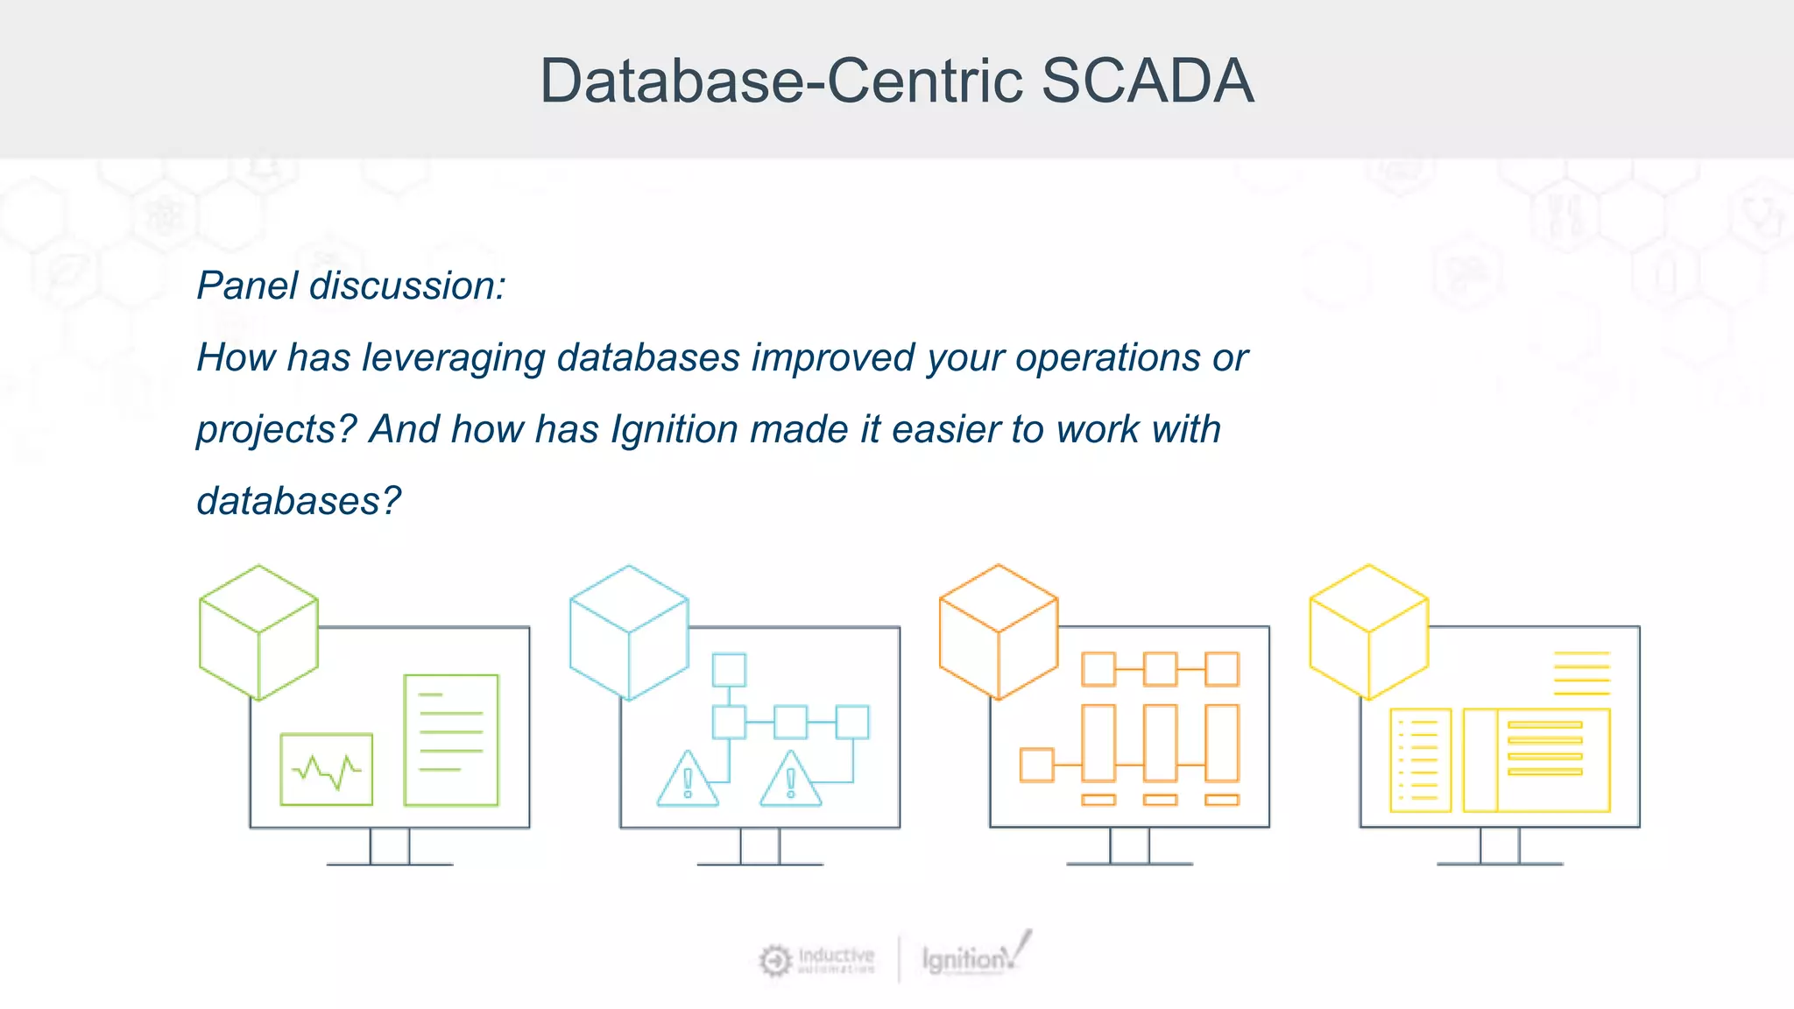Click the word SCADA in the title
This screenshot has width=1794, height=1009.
[x=1148, y=81]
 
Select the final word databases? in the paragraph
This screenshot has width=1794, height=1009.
[x=299, y=502]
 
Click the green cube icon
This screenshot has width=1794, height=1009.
[x=258, y=632]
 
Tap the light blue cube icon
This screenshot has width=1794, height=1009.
[x=629, y=632]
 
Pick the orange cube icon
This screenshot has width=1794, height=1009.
[x=999, y=632]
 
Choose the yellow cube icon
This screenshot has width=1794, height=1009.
[x=1369, y=632]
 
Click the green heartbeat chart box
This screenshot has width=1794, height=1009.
[x=327, y=769]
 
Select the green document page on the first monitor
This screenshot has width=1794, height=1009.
[x=451, y=740]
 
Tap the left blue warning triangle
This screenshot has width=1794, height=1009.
[x=688, y=780]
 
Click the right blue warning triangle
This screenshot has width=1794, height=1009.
[x=791, y=780]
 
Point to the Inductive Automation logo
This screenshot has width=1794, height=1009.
[x=817, y=960]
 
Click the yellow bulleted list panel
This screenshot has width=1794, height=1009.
[x=1420, y=759]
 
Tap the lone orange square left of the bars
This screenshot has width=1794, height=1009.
[x=1037, y=765]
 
